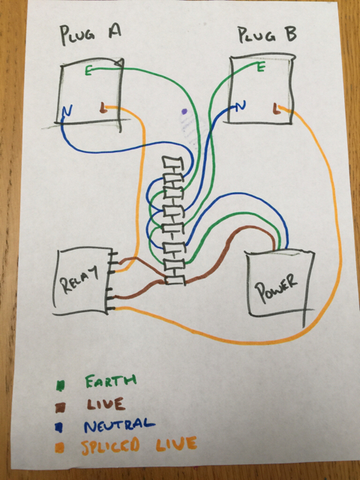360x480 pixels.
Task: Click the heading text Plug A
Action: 91,34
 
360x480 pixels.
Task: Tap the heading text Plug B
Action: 267,34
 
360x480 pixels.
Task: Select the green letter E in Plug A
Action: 88,72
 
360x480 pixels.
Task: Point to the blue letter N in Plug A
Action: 67,112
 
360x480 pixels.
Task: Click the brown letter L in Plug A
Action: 103,108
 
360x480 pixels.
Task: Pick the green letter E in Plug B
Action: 261,67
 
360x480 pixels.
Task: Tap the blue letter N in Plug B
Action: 241,106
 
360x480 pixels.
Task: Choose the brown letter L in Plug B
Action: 276,109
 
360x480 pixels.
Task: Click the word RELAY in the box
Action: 79,279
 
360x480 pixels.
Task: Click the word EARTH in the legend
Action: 110,381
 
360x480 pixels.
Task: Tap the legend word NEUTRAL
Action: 119,425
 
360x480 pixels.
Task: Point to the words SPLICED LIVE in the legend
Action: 139,445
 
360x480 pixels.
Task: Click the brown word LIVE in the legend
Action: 106,403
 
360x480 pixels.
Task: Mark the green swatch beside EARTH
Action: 60,385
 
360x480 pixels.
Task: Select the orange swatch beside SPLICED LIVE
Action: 60,448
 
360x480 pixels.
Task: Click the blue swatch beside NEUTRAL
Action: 60,427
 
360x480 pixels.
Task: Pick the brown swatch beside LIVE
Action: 60,407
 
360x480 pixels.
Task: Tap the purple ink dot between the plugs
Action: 184,112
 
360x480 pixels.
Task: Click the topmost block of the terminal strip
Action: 172,162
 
